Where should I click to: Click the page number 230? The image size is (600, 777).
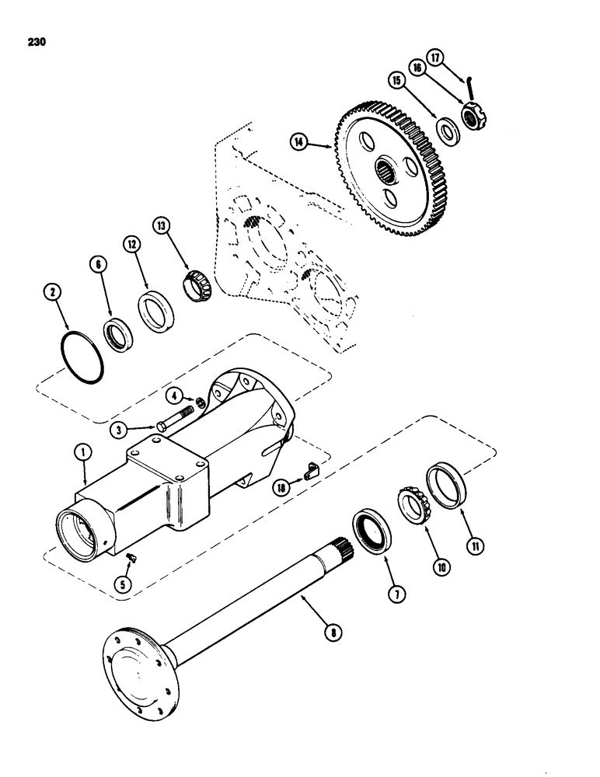click(36, 43)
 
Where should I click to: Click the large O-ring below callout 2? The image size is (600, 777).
click(82, 358)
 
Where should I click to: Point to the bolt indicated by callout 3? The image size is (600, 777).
click(178, 419)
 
